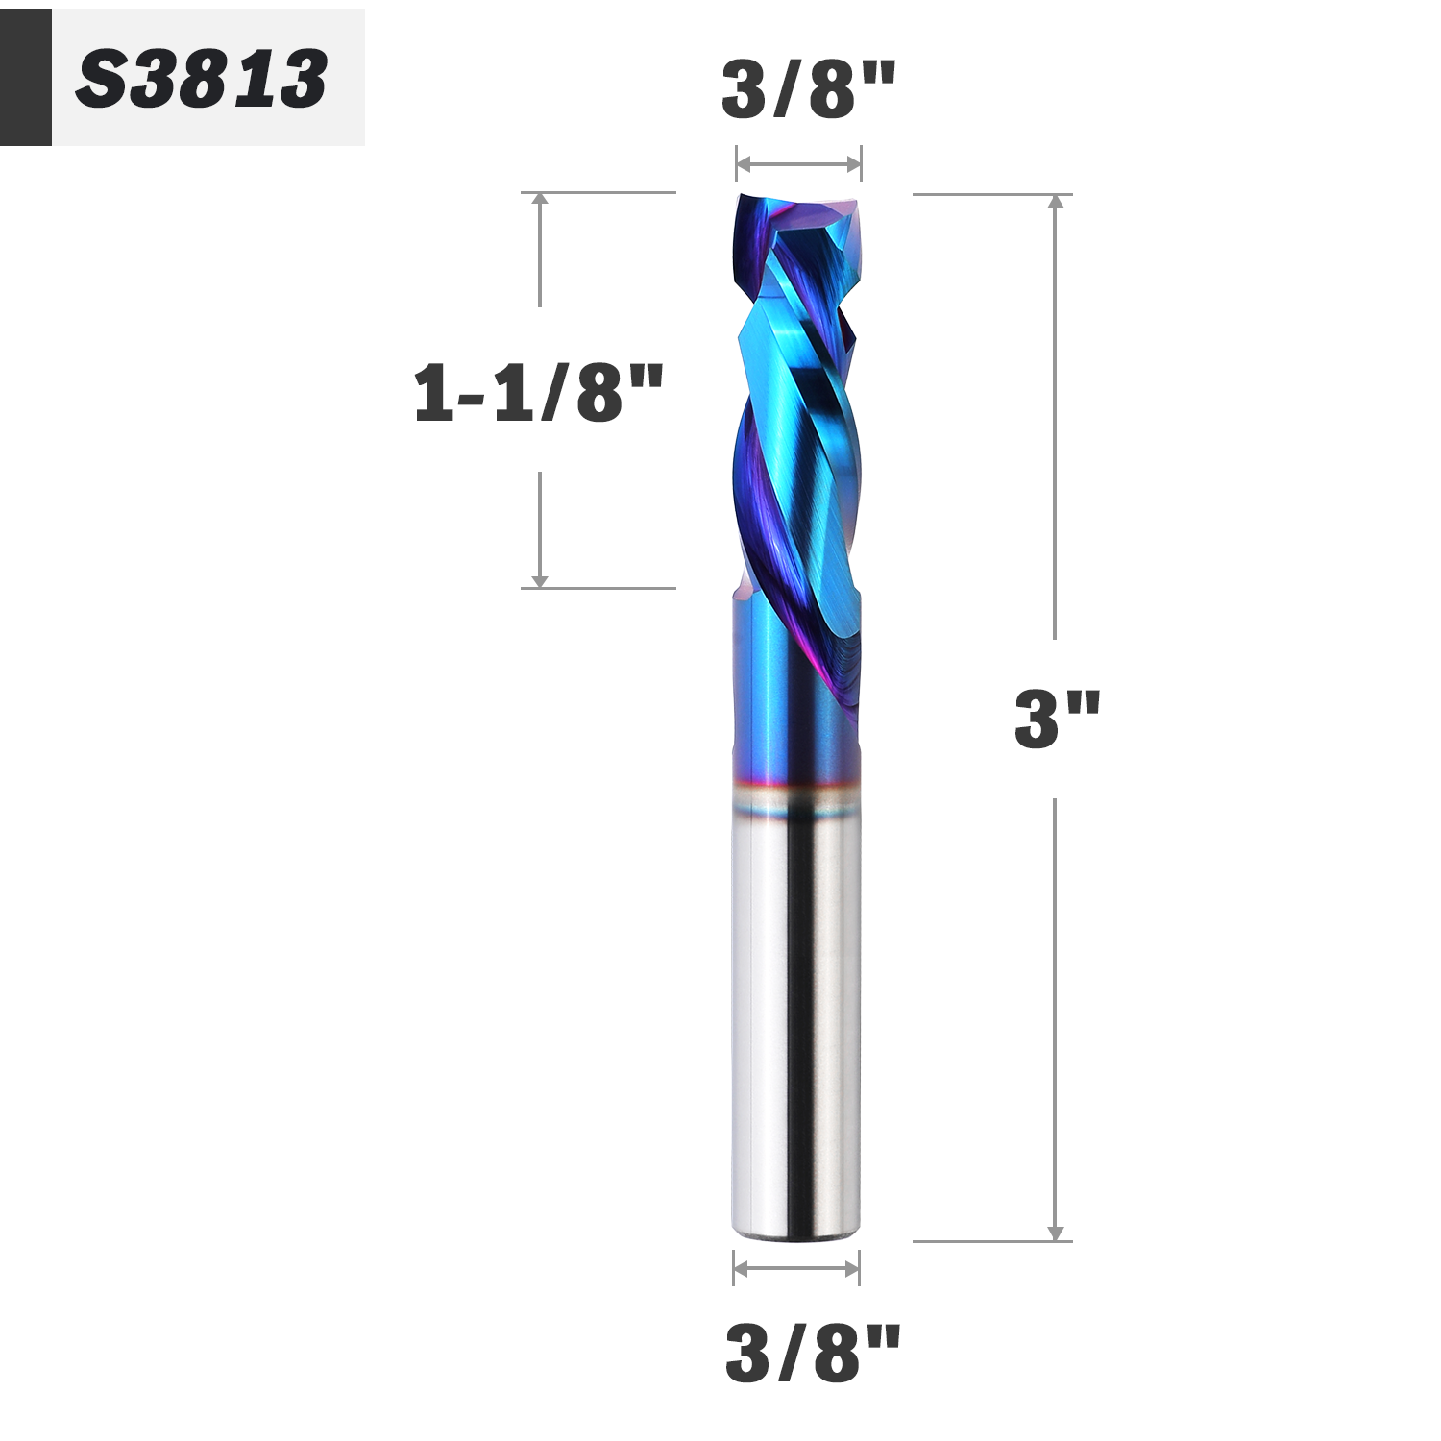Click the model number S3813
tap(202, 79)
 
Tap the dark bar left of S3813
tap(25, 78)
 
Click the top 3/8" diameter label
tap(808, 89)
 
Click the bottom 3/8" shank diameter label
tap(813, 1353)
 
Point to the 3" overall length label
tap(1057, 719)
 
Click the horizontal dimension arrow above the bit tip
tap(798, 164)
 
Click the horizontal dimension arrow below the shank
tap(796, 1269)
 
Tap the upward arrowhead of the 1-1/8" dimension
tap(540, 200)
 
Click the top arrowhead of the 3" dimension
tap(1057, 202)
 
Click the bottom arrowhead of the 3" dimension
tap(1057, 1233)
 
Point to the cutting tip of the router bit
tap(797, 204)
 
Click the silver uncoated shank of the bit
tap(794, 1009)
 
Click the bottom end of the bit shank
tap(794, 1228)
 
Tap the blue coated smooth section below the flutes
tap(769, 692)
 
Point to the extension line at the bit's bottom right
tap(989, 1241)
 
